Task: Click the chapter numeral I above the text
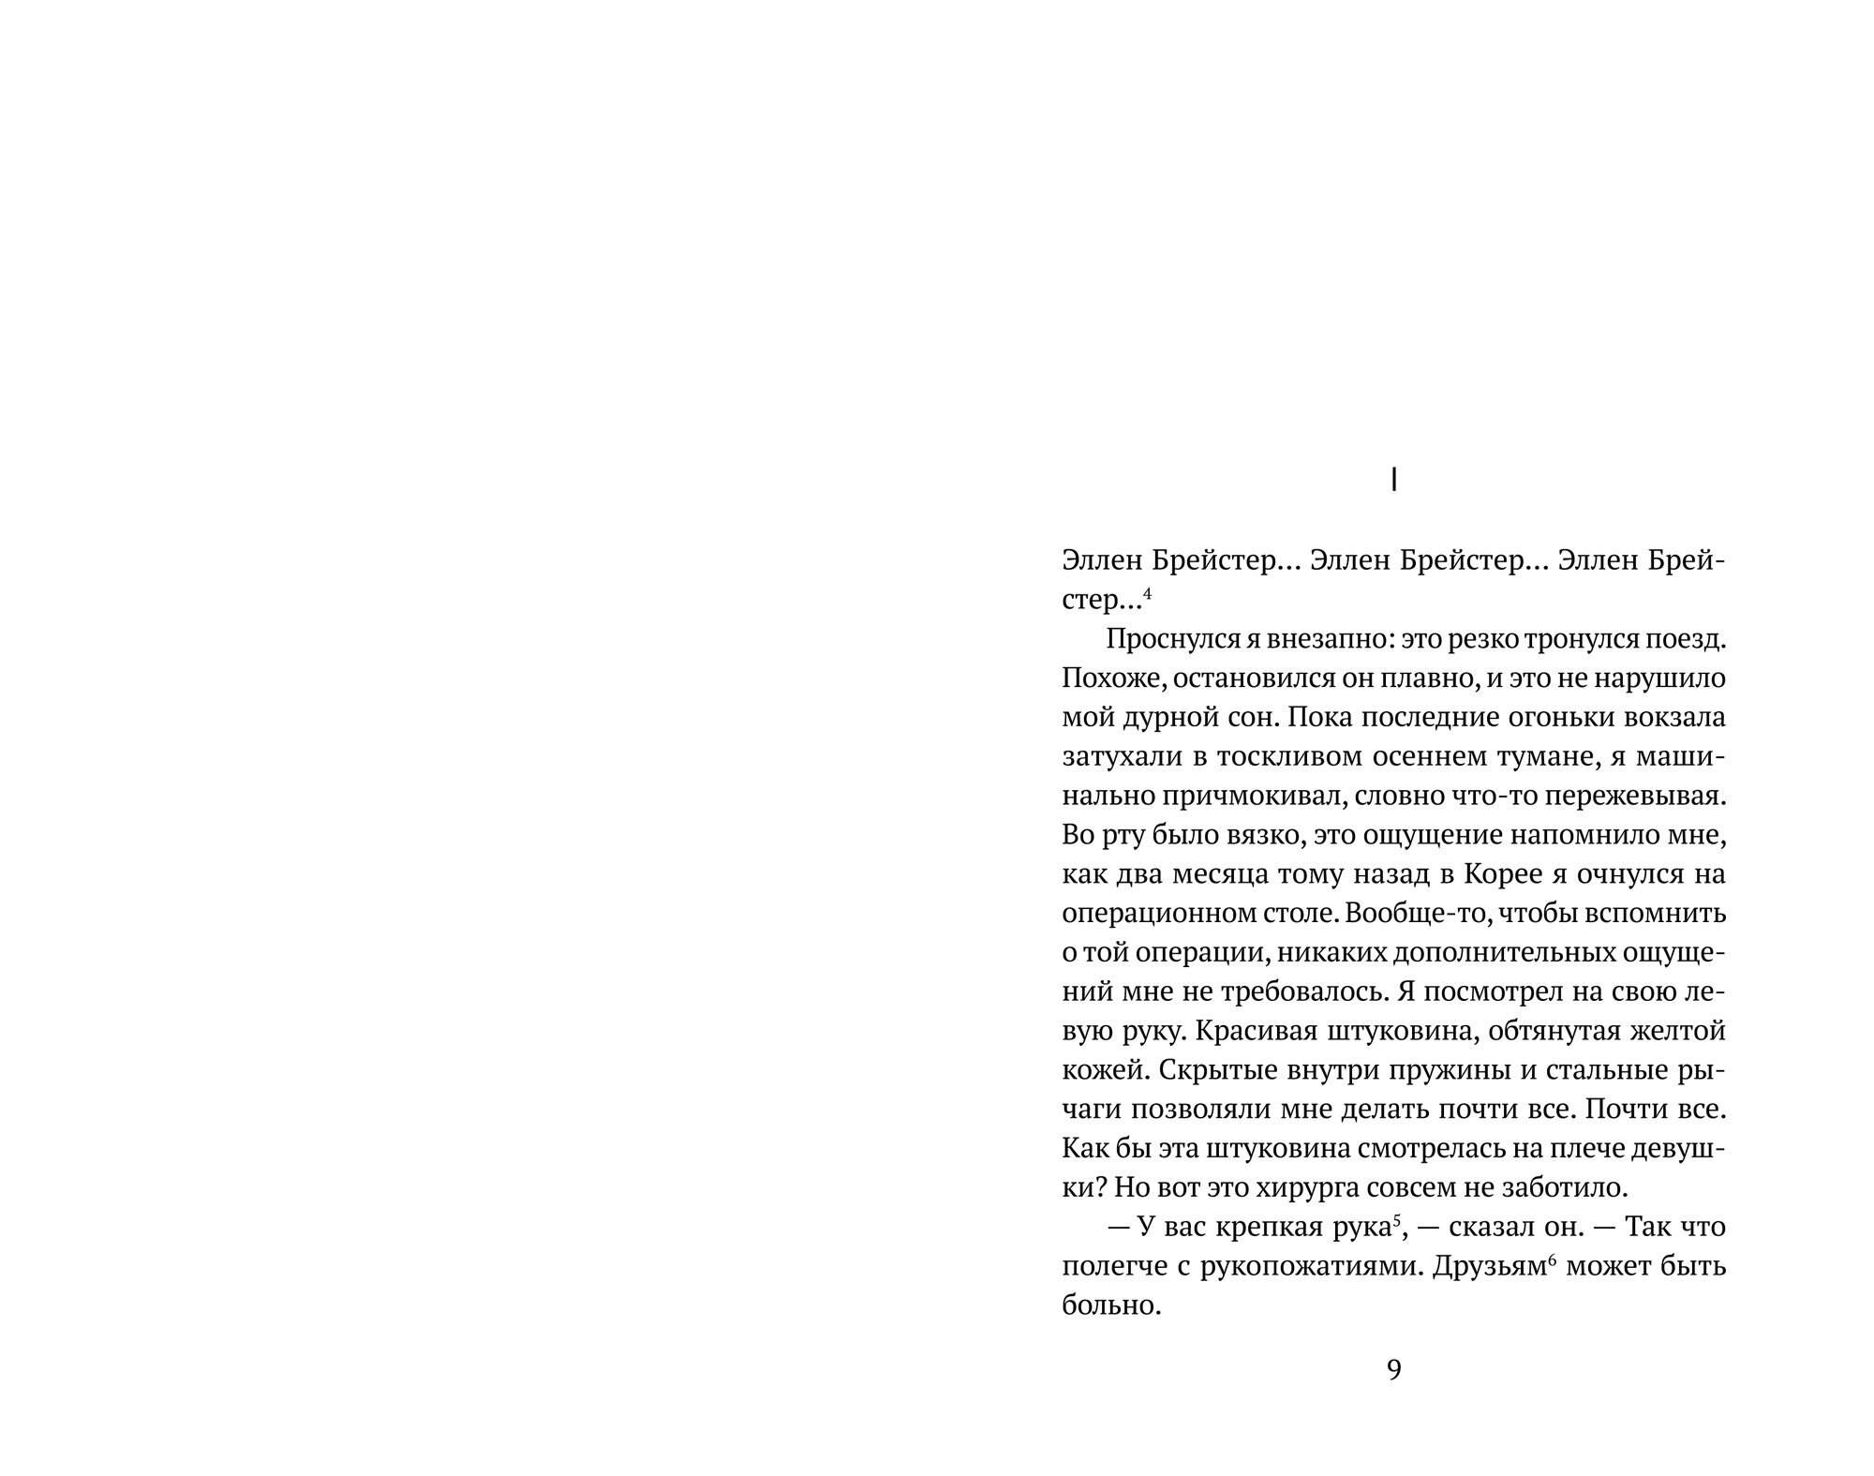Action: point(1393,481)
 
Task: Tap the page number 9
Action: point(1393,1370)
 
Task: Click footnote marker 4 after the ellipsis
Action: point(1147,592)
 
